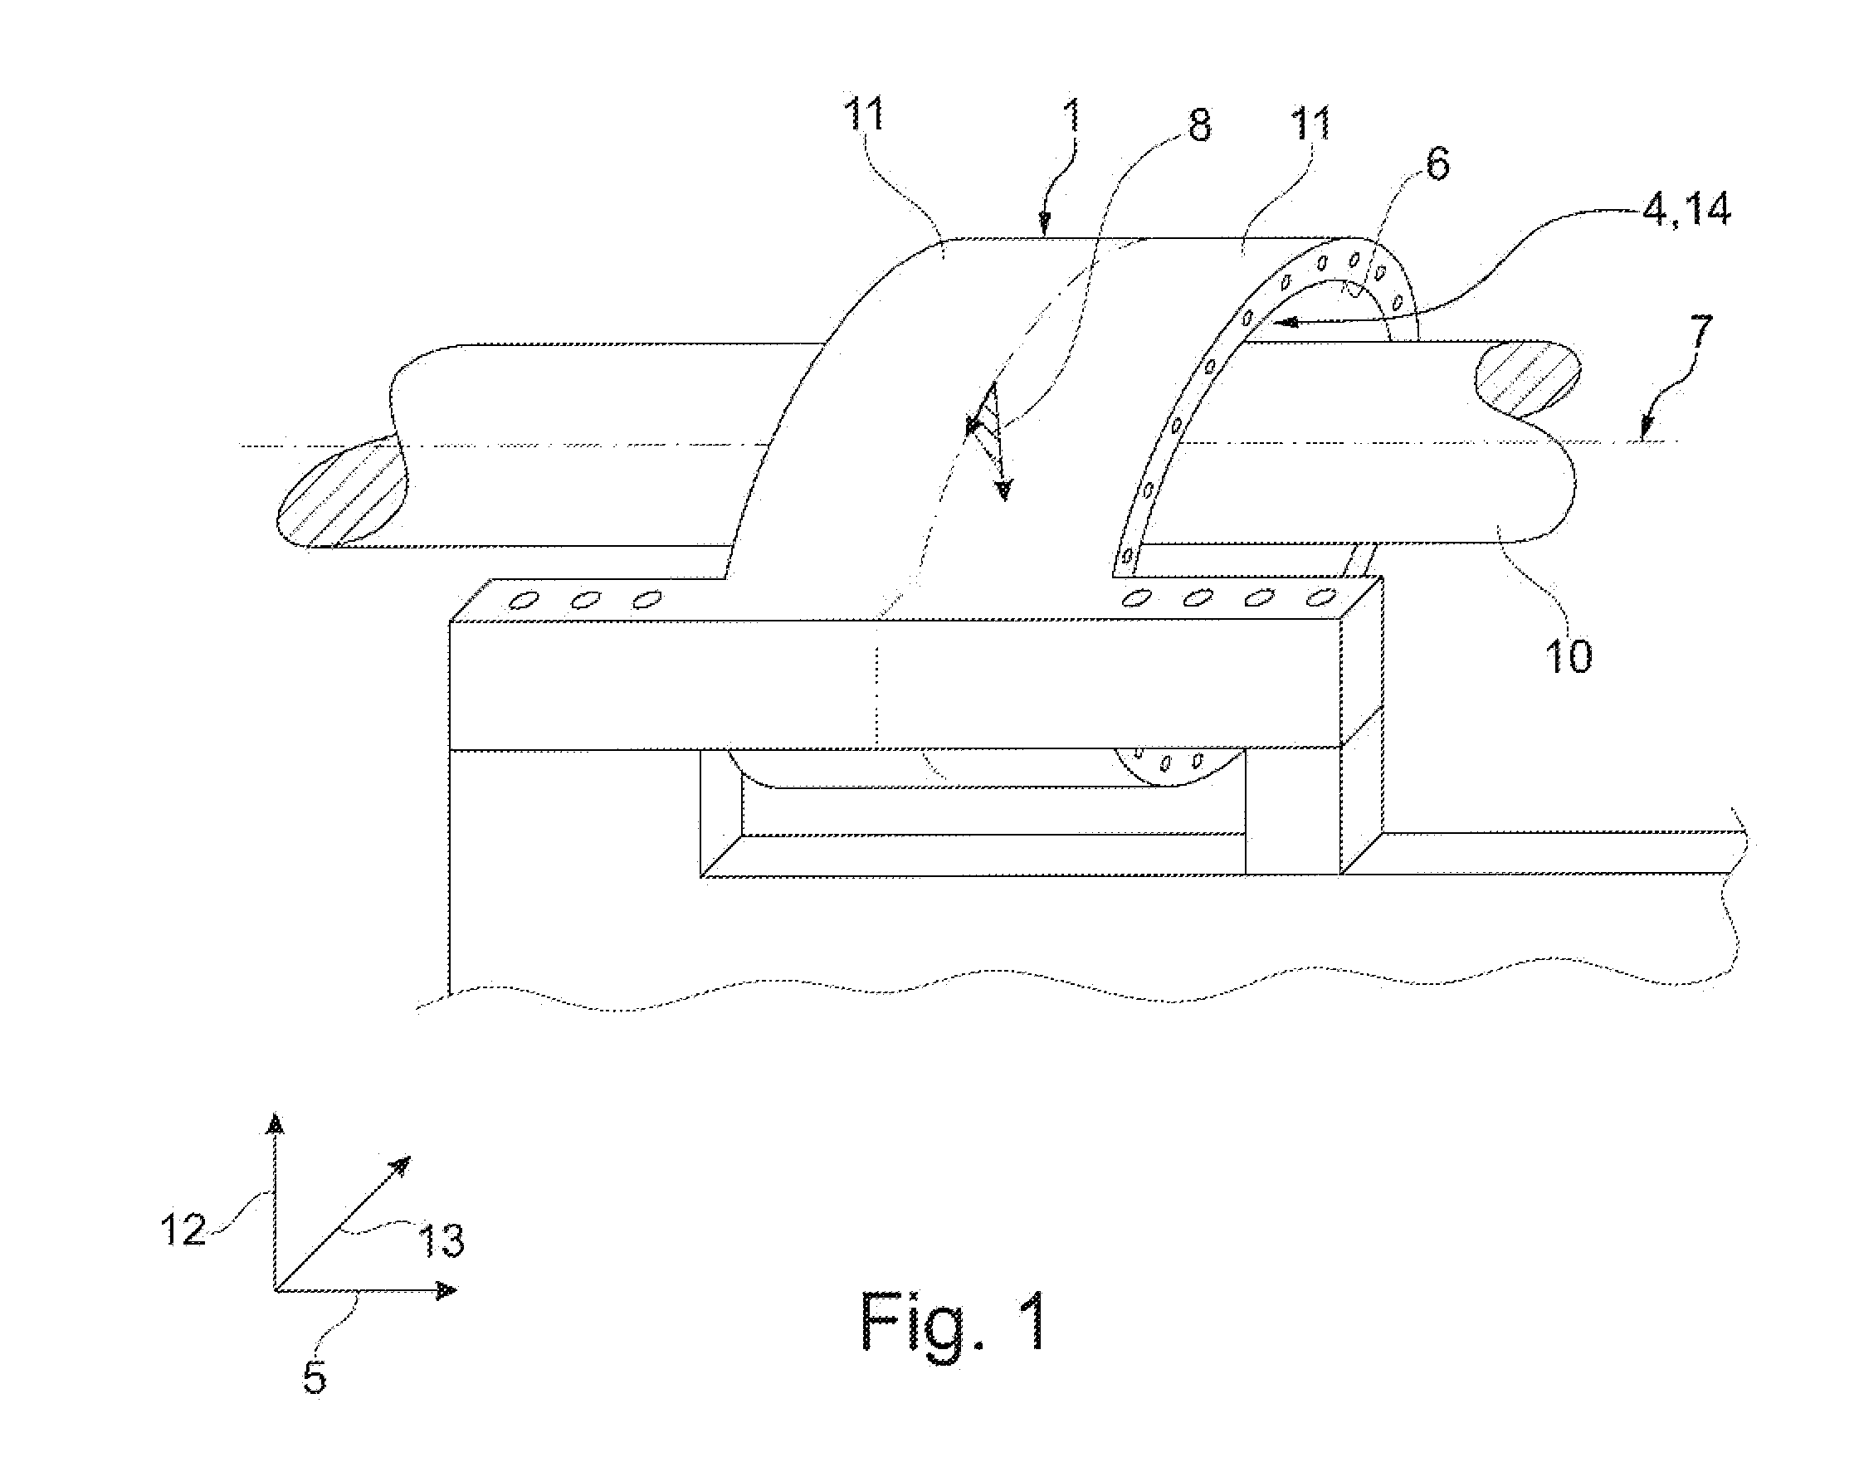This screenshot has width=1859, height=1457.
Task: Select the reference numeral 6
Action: [1437, 164]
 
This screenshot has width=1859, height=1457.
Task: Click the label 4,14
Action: [1686, 210]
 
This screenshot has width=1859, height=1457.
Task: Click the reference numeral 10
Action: [1568, 656]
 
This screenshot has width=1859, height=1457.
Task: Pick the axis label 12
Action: [184, 1229]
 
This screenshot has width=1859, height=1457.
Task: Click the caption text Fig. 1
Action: [954, 1322]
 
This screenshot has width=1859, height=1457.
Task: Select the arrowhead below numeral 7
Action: [1648, 425]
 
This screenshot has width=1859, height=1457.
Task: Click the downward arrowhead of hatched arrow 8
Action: [1004, 490]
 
